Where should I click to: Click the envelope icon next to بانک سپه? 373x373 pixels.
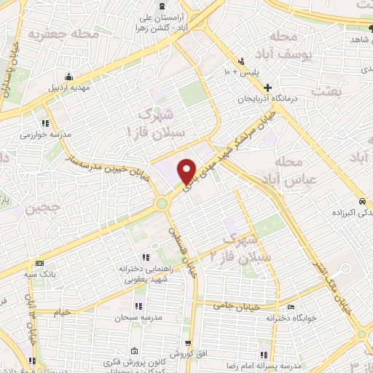(x=39, y=263)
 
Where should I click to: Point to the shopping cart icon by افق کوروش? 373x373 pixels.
(x=189, y=342)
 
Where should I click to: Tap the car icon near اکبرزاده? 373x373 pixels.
(x=362, y=201)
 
